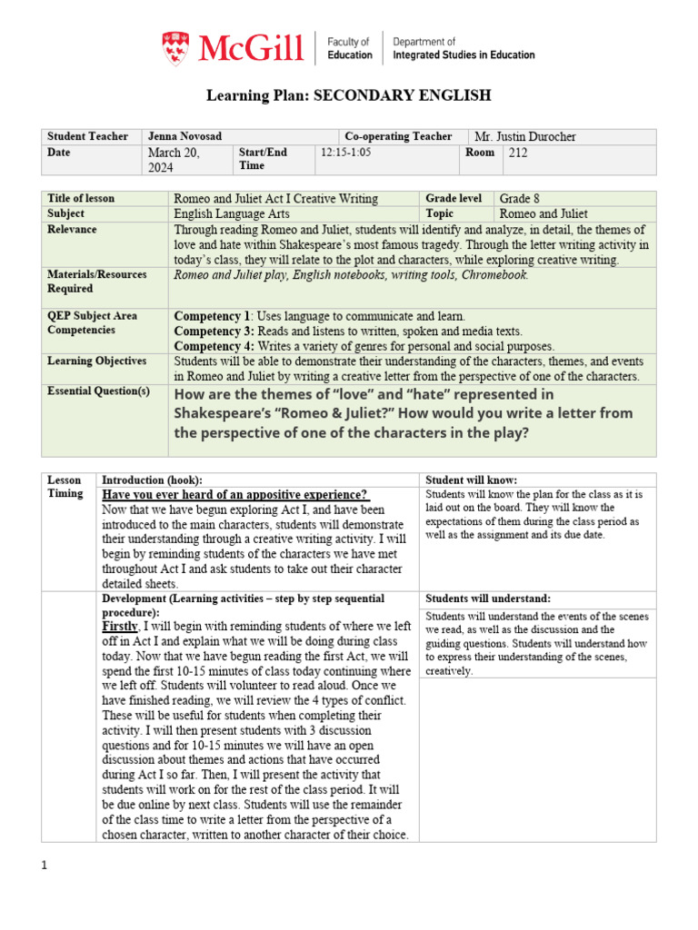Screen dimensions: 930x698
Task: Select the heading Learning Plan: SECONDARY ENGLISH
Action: [x=348, y=95]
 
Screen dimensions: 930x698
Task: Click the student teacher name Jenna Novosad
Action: [x=184, y=136]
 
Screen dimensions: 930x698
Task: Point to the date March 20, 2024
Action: [x=173, y=160]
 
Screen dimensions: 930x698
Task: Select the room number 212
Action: [x=517, y=153]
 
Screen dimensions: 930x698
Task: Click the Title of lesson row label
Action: [x=81, y=198]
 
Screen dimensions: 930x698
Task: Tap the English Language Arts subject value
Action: [x=232, y=213]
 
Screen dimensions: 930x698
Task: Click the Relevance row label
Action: [x=73, y=229]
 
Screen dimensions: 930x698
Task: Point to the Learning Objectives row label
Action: [x=96, y=361]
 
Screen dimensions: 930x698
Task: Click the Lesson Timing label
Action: [x=65, y=486]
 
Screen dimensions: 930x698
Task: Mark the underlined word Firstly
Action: [x=120, y=627]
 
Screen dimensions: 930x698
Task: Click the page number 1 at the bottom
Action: [x=44, y=866]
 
